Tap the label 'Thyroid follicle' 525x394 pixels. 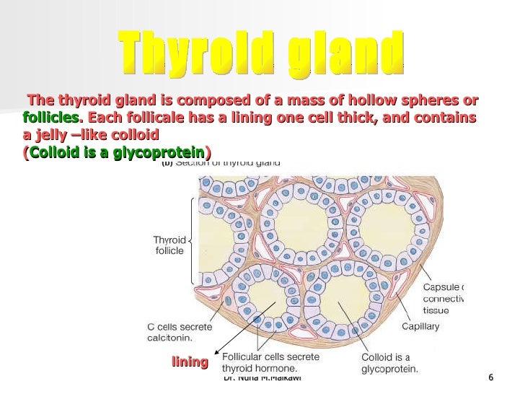[170, 245]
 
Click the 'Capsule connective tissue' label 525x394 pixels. [445, 297]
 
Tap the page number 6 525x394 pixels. [490, 380]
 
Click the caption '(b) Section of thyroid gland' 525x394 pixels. [221, 164]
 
